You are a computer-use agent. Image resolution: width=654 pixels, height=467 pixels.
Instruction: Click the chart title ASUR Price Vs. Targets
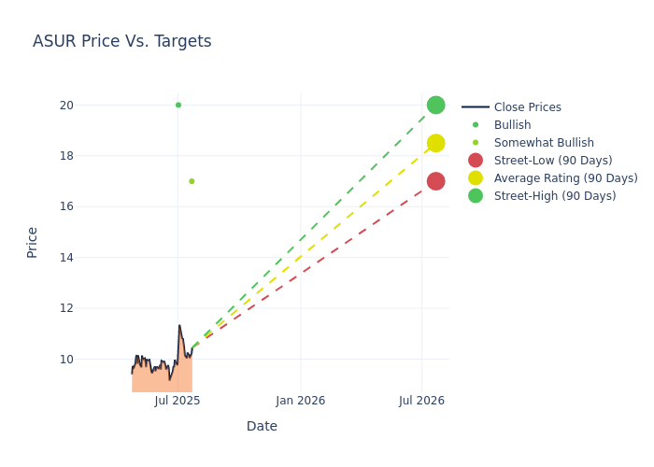tap(121, 41)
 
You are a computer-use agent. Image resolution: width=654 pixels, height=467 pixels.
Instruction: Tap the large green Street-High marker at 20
tap(435, 105)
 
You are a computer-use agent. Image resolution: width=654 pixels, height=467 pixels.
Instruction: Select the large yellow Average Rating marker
tap(435, 143)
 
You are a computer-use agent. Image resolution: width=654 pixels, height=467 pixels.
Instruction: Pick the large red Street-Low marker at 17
tap(435, 181)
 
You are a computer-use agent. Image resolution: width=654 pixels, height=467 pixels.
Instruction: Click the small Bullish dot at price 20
tap(178, 105)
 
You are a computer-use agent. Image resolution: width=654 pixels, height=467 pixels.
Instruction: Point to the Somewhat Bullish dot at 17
tap(192, 181)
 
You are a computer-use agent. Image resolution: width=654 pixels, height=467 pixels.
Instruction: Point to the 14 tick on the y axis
tap(66, 257)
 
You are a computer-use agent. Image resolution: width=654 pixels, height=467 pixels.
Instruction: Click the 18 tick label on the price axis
tap(66, 156)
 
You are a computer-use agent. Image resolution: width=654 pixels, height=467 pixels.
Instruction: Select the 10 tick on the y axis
tap(66, 359)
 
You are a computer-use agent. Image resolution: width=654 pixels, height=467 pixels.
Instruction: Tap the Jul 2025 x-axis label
tap(178, 401)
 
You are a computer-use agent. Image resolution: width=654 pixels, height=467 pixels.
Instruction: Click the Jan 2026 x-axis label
tap(301, 401)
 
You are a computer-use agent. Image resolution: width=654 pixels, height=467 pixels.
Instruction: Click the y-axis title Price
tap(33, 242)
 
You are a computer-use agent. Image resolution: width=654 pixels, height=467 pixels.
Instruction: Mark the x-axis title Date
tap(262, 427)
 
